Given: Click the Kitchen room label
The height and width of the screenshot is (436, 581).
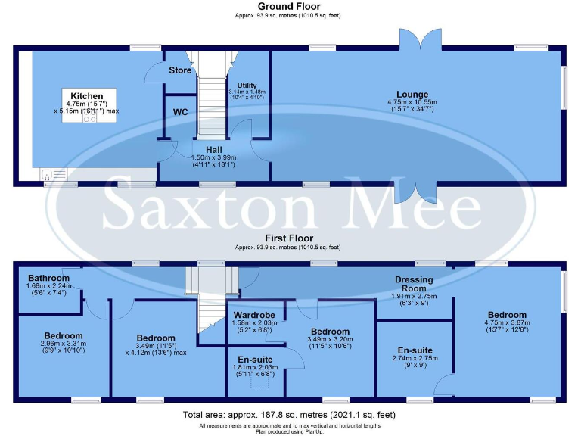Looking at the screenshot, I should [x=86, y=96].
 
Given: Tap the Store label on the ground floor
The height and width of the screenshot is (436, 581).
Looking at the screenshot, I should [x=180, y=70].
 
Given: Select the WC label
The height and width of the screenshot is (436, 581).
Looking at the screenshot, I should [x=180, y=112].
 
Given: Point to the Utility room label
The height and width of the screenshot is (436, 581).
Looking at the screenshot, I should [x=247, y=85].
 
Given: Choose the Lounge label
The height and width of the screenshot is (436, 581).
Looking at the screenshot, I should [x=412, y=95].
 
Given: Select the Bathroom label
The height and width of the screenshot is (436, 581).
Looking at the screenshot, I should [x=49, y=277].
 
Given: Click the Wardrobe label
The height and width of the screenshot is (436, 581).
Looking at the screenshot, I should [x=253, y=313].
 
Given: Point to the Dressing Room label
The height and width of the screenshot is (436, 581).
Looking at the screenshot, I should [x=414, y=284].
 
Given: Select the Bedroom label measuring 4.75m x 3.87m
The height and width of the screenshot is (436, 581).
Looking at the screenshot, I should [x=507, y=315].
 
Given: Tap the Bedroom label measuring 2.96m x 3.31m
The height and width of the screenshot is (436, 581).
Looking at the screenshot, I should [x=63, y=335].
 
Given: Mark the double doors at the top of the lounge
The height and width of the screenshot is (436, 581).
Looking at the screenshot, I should [x=421, y=39].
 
